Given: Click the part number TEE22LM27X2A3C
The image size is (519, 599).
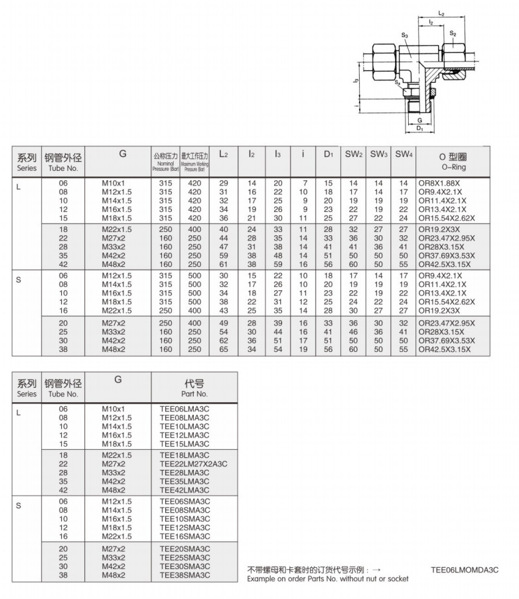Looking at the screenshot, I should click(x=193, y=464).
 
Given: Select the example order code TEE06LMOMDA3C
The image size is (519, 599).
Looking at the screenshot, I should click(x=464, y=570).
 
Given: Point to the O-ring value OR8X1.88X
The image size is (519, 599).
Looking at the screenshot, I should click(x=441, y=183).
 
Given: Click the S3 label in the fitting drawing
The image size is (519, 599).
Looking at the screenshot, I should click(x=405, y=34).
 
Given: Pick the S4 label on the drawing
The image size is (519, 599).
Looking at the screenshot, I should click(x=397, y=83).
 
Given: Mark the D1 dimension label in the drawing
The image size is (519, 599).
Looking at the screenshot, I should click(x=420, y=129).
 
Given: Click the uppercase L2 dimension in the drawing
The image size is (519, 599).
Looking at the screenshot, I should click(x=441, y=13).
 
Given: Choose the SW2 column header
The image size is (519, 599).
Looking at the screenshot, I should click(x=353, y=154).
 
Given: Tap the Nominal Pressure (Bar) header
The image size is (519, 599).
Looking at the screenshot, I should click(x=165, y=162).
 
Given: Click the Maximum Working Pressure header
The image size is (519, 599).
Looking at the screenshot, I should click(x=194, y=162).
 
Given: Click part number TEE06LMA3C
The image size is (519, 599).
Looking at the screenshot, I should click(x=184, y=409).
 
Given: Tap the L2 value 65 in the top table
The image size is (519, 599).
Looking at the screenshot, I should click(x=224, y=349).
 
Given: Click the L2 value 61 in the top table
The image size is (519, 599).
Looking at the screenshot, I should click(x=224, y=263).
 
